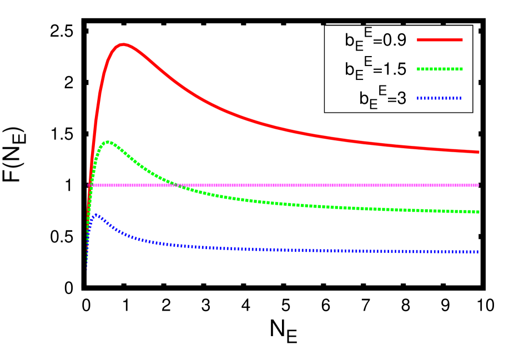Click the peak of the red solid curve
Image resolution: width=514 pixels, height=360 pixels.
123,44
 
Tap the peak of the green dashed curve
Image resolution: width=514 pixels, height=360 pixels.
108,142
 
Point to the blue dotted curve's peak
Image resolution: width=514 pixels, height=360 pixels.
95,215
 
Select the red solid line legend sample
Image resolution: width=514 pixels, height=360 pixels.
440,40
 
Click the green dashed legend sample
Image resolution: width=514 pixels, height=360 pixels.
440,69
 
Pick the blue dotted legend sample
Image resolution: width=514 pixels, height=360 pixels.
440,98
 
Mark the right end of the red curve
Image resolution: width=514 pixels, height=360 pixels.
478,152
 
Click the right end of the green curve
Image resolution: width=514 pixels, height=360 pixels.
478,212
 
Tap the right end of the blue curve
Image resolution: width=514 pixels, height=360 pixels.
477,252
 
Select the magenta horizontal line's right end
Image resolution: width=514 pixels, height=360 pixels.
478,185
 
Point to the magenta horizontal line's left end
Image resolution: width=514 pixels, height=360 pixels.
89,185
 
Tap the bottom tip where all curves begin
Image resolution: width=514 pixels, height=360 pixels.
87,270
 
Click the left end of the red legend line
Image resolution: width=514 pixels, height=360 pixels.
418,40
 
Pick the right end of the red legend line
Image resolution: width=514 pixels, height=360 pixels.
462,40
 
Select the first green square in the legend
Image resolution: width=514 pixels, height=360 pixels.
419,69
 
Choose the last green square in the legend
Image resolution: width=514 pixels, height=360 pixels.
461,69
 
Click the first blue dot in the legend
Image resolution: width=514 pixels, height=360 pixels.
419,98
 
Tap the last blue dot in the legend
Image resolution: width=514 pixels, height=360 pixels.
460,98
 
